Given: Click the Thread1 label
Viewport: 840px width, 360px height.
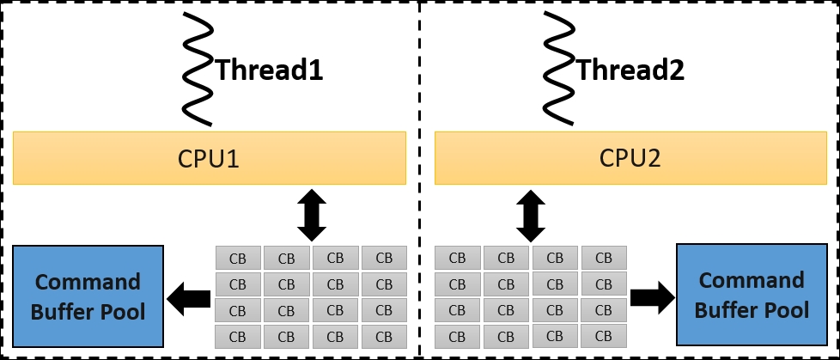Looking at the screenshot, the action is click(270, 70).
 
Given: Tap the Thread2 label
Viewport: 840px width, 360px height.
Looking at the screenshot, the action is click(630, 70).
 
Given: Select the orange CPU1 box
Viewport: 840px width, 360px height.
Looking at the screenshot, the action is click(210, 158).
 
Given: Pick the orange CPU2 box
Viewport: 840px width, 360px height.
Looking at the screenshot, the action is click(630, 158).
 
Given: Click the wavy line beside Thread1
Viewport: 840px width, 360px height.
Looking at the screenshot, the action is click(199, 69).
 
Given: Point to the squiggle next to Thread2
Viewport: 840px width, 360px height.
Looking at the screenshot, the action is click(560, 69).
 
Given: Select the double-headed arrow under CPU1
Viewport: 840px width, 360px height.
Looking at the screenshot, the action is click(311, 215).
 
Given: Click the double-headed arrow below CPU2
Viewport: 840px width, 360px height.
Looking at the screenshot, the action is click(530, 215).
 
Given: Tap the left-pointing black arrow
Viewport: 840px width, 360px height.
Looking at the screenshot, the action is click(189, 299).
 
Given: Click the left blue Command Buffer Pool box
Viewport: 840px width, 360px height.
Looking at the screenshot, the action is click(88, 296).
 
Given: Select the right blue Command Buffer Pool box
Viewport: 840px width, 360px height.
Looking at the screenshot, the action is click(752, 295).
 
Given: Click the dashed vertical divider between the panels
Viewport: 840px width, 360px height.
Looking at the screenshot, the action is click(419, 180).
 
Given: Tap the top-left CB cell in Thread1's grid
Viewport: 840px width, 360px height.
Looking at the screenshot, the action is click(238, 259).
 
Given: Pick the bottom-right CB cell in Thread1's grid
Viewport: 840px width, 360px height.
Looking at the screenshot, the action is click(384, 337).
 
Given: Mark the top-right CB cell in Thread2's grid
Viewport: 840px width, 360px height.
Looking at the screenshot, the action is click(604, 258).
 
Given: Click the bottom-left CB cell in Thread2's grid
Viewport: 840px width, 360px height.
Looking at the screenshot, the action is click(457, 337).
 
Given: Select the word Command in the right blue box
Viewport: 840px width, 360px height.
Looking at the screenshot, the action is click(752, 280).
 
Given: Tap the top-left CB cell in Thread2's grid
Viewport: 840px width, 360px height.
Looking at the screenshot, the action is click(457, 258).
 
